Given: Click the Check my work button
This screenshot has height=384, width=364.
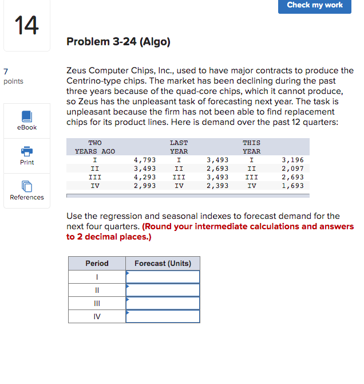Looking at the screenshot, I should coord(315,6).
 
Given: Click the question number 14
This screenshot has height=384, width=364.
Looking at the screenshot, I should coord(26,25).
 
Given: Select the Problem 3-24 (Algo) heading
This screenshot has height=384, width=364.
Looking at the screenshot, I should coord(118,42).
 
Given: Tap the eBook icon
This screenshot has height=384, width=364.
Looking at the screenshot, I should coord(27,116).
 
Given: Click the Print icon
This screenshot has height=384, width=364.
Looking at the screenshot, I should coord(27,151).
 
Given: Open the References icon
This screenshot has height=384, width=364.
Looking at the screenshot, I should coord(27,186).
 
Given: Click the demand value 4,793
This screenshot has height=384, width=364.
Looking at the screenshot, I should coord(144,160).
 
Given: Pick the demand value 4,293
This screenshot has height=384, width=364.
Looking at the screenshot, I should coord(144,177).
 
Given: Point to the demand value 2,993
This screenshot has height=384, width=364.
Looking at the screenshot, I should coord(144,186).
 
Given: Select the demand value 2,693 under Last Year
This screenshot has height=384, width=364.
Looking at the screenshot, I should coord(217,169).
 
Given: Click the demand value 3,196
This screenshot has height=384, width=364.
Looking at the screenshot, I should coord(292,160).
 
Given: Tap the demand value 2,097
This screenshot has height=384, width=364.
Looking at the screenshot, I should coord(292,169).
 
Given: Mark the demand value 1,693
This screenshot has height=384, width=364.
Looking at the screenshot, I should coord(292,186).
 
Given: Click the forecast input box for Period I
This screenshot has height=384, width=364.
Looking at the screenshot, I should coord(163,277).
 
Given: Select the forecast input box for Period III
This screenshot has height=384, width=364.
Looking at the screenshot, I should coord(163,303).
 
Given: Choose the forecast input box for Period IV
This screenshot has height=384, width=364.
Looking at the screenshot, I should coord(163,316).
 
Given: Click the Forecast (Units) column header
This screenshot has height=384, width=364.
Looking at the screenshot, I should coord(163,264).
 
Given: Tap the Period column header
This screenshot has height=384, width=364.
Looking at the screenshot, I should coord(97,264).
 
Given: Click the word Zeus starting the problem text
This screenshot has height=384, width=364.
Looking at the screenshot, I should coord(77,70).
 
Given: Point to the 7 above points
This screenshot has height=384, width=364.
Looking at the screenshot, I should coord(6,72).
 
